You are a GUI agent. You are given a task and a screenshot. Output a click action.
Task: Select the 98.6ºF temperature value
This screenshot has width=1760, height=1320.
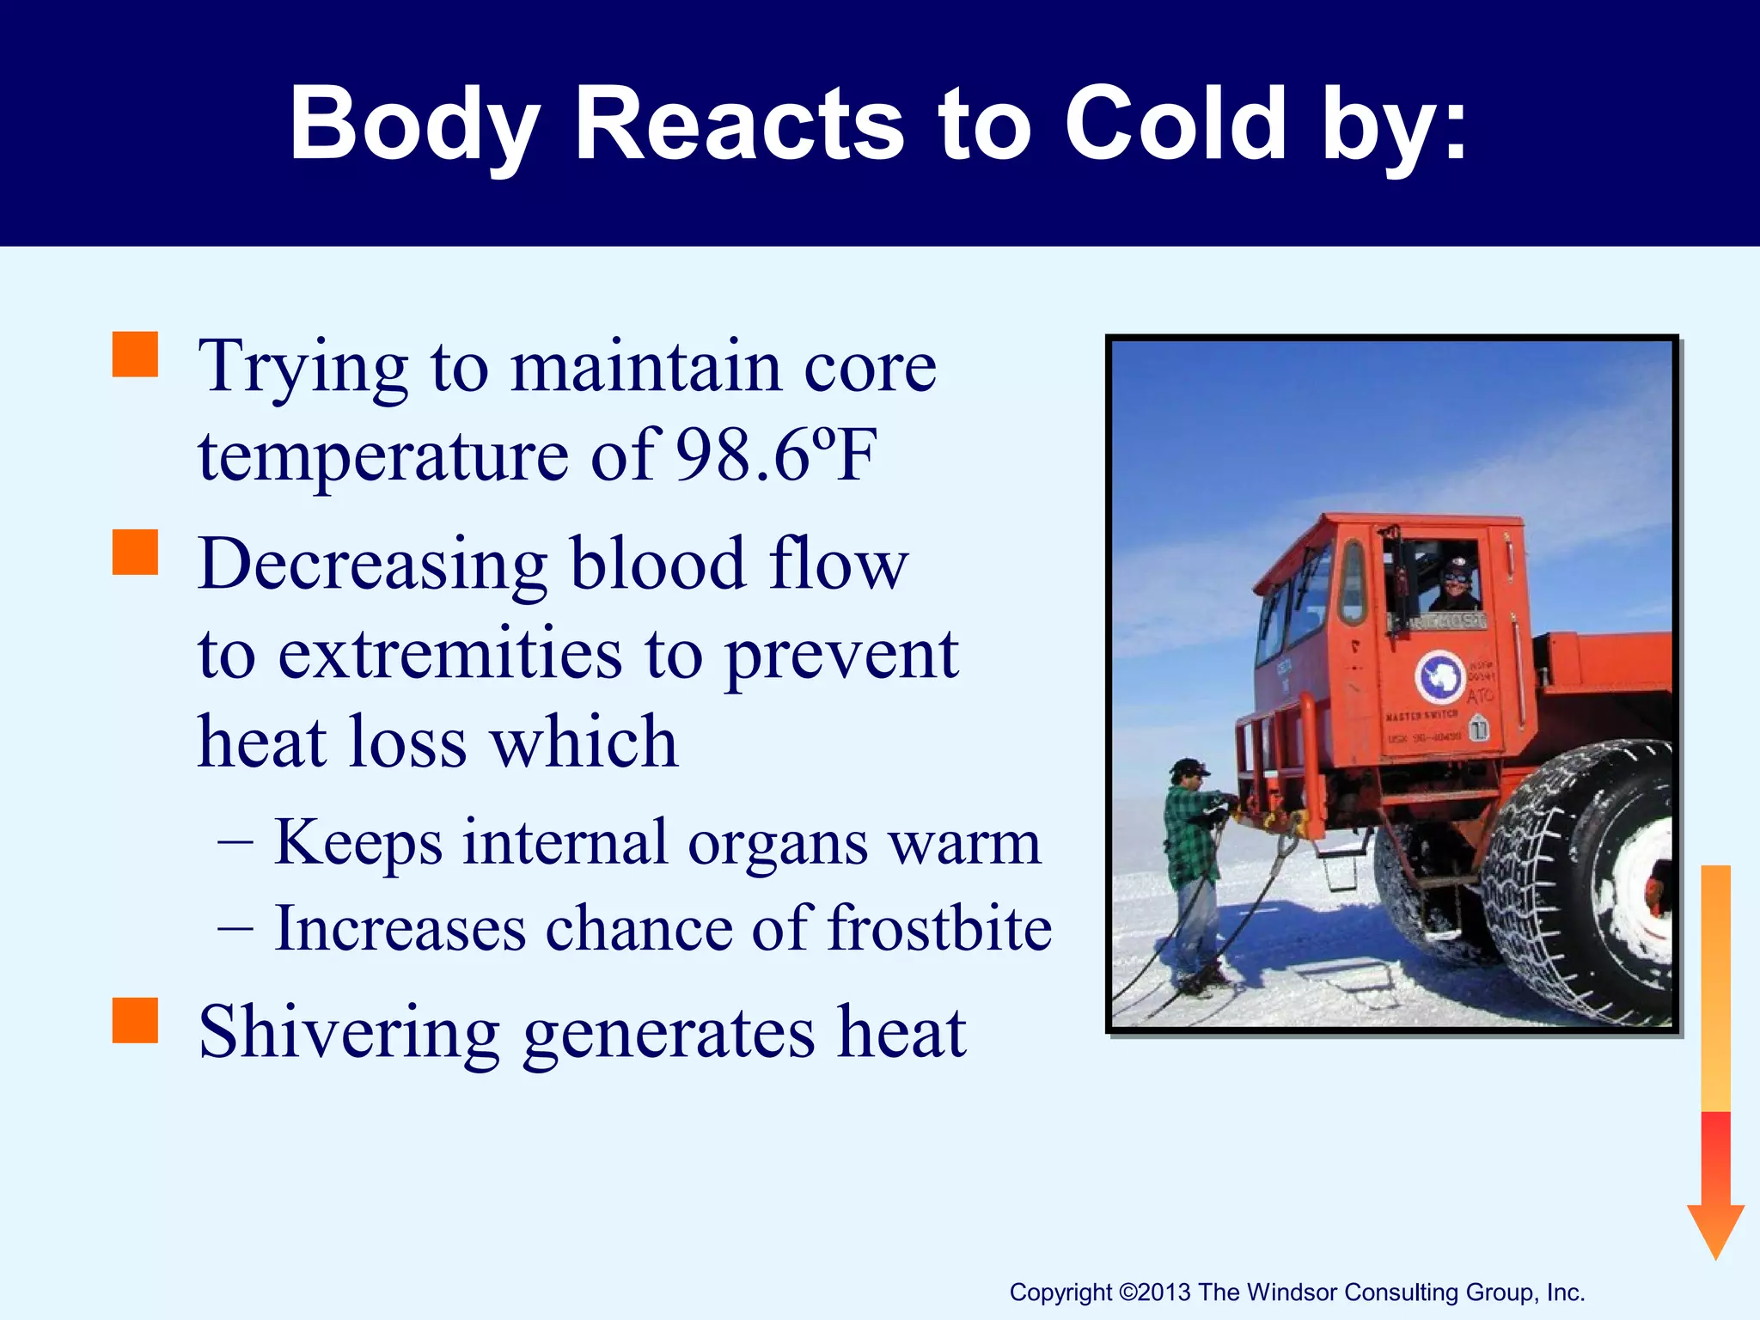(776, 455)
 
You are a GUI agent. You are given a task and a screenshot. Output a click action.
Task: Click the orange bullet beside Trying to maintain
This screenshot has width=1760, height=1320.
(136, 355)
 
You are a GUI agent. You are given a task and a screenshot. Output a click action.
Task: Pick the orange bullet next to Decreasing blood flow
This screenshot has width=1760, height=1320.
(136, 552)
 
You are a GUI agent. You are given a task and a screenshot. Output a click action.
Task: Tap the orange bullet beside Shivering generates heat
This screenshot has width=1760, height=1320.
(136, 1020)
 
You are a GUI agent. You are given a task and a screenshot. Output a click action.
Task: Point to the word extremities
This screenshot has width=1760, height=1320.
(450, 655)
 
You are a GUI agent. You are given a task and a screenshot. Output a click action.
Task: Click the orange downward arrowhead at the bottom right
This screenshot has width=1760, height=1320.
(1715, 1229)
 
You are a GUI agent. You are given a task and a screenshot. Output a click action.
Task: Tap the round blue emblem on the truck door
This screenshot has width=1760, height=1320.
(1439, 676)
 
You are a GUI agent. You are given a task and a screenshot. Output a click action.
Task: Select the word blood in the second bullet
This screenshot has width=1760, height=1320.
(657, 565)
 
